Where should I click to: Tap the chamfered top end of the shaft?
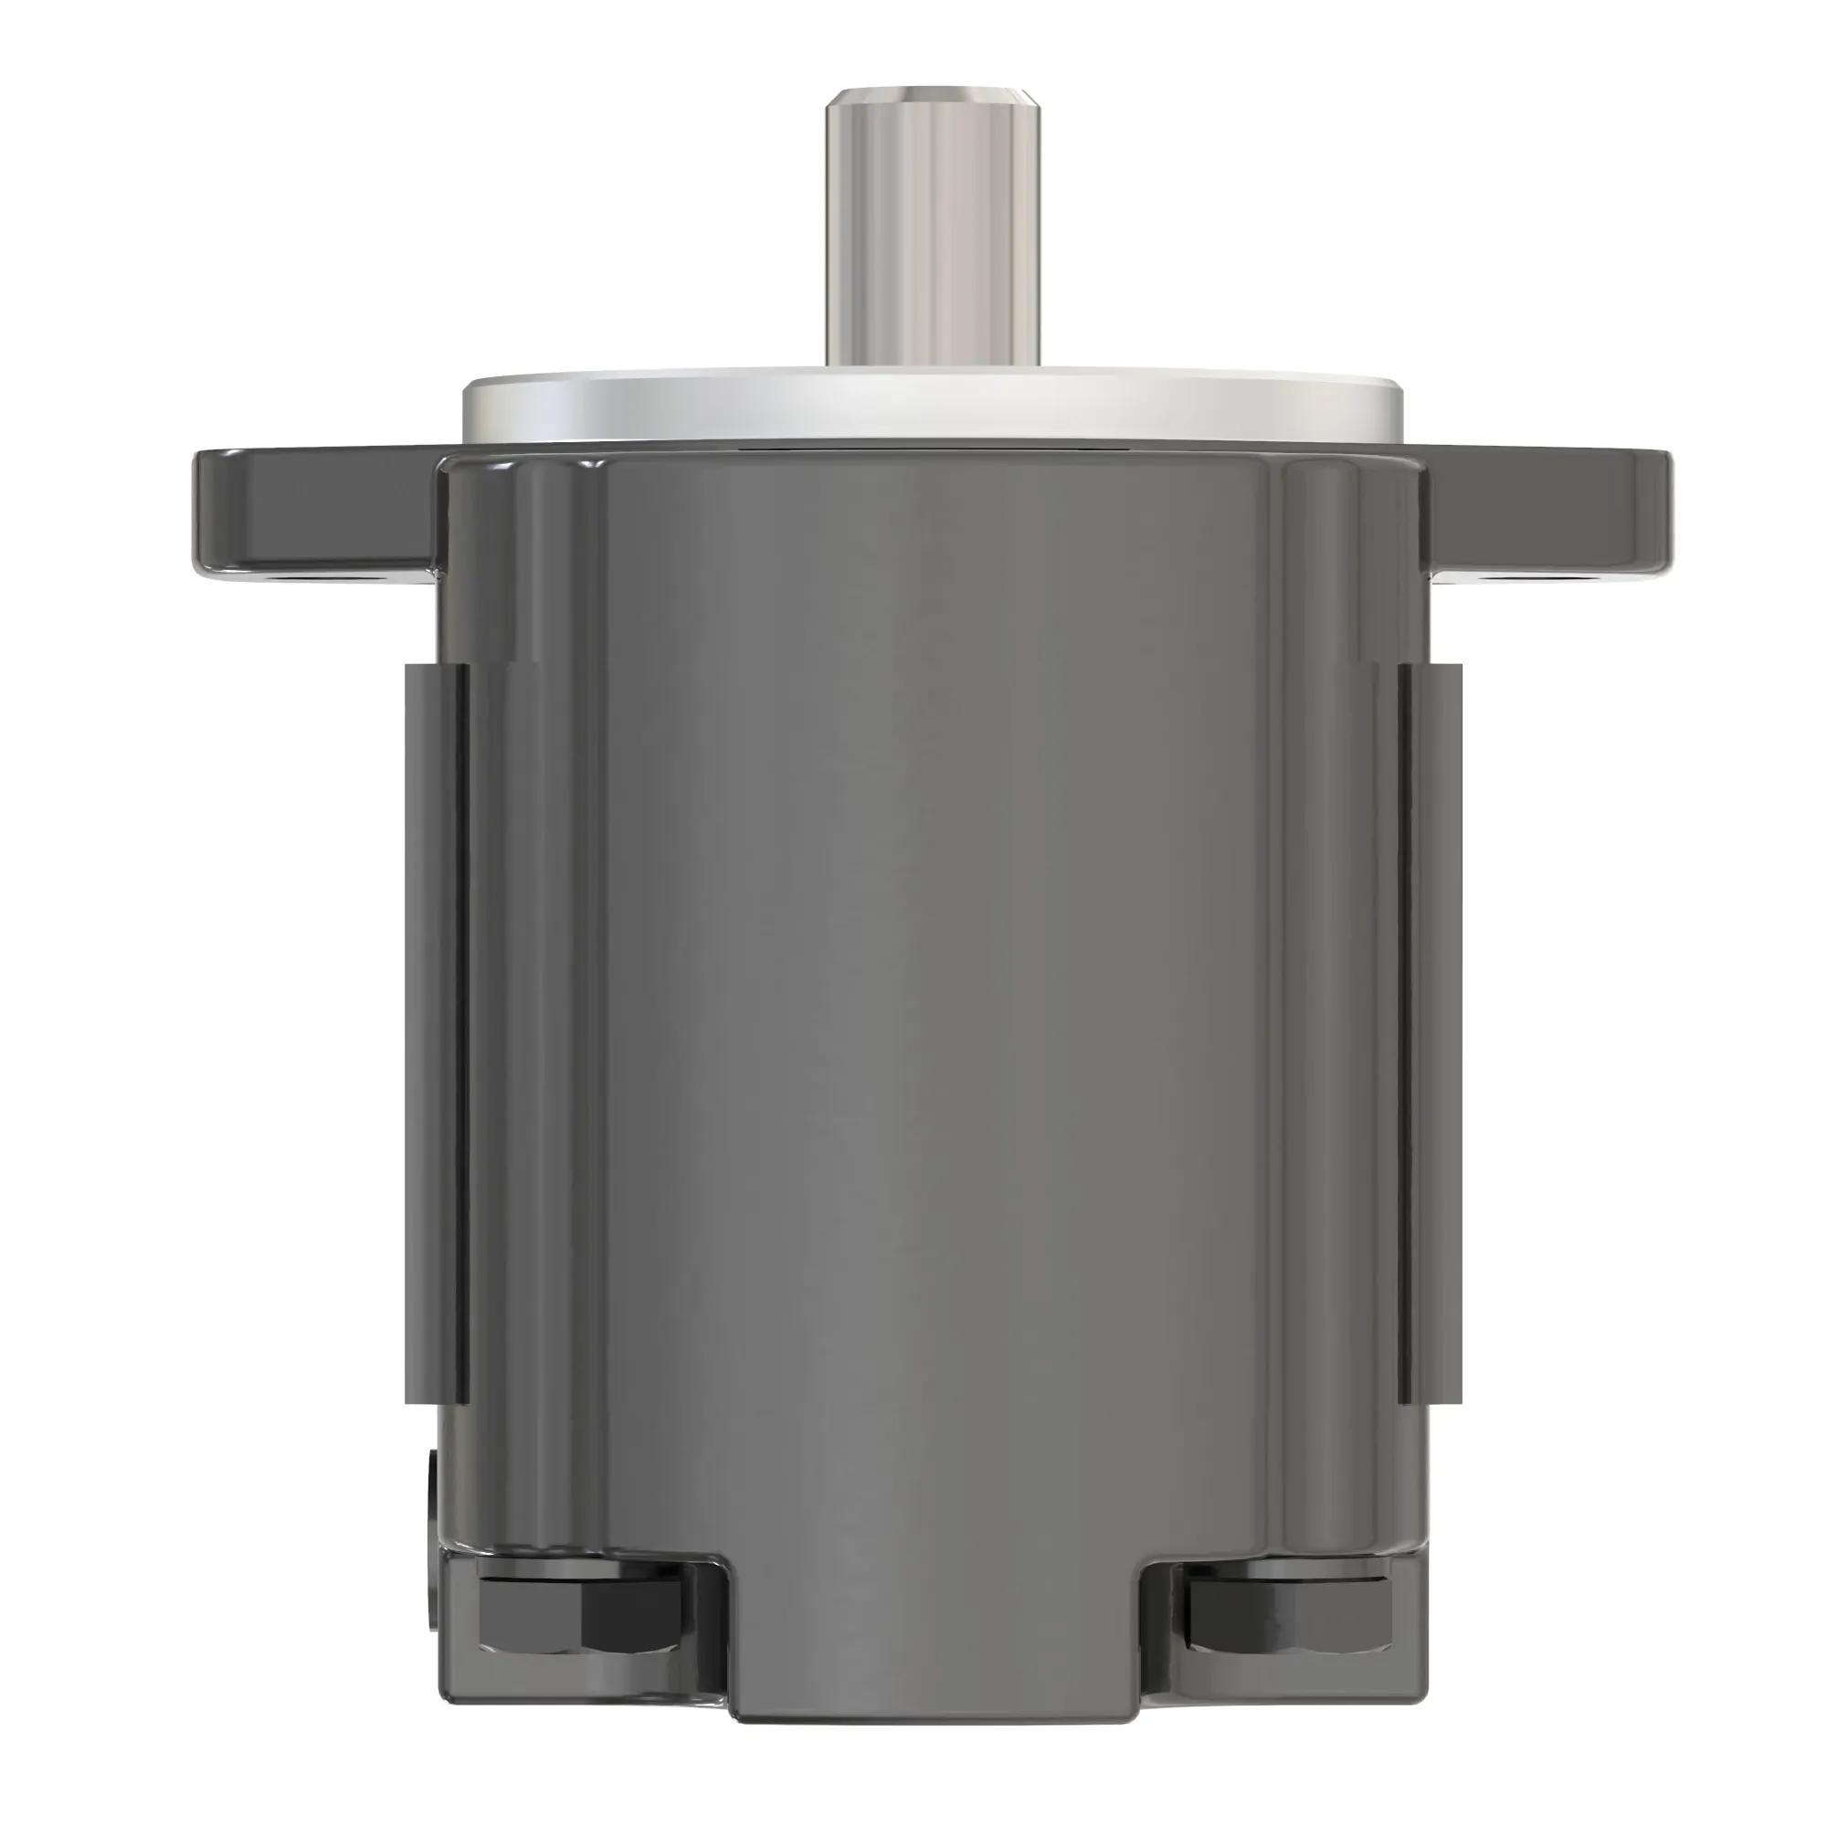(933, 95)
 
